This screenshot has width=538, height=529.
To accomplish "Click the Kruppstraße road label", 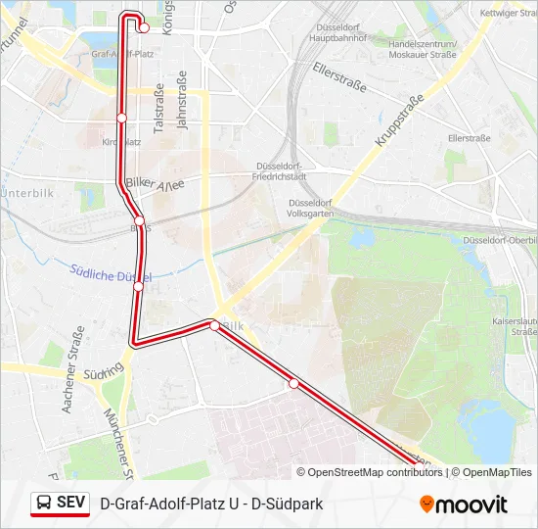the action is [399, 121].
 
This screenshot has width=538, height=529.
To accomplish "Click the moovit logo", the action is [463, 505].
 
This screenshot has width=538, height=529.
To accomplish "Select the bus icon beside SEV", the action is [44, 504].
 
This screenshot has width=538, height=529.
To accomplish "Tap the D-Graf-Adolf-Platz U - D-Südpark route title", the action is [211, 504].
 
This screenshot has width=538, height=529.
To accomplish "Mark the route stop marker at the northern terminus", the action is [144, 27].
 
